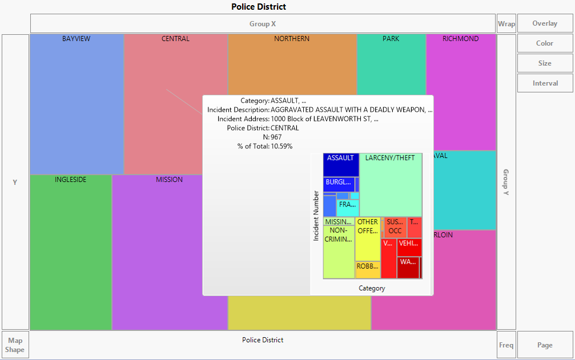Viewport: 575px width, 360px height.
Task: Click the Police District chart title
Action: [259, 7]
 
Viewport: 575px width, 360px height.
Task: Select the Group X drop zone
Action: [263, 24]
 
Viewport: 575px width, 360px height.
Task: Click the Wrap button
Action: [506, 24]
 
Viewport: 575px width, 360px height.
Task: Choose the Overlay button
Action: [545, 24]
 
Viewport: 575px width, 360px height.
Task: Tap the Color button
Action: [545, 43]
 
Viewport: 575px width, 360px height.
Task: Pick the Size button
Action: [545, 63]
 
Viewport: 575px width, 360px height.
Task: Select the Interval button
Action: [545, 83]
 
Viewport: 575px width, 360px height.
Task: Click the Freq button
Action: [506, 345]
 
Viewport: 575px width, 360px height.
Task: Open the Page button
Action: [545, 345]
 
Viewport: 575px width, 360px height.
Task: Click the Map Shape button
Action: [15, 345]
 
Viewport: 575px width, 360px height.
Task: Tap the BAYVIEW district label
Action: [77, 39]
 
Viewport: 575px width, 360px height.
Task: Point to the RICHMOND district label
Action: [461, 39]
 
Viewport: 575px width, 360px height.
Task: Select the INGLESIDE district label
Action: [71, 180]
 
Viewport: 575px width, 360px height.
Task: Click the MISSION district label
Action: [170, 180]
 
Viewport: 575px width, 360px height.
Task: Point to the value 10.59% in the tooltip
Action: [282, 146]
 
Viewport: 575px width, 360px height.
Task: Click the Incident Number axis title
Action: [316, 216]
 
